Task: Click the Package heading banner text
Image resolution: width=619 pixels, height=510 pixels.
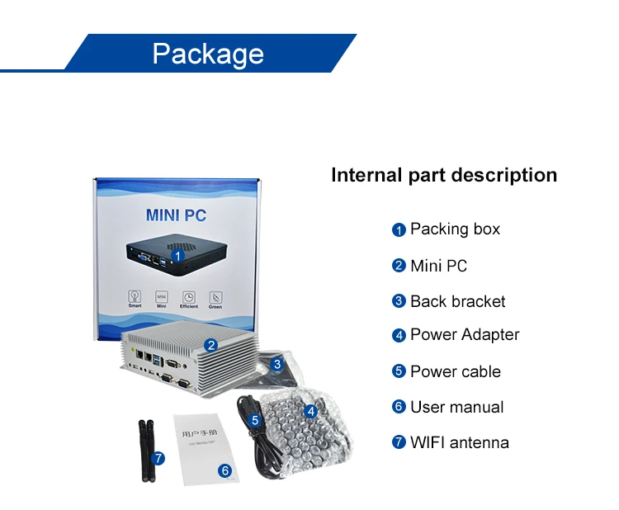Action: tap(208, 54)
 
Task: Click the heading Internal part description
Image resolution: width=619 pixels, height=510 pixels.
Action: tap(443, 175)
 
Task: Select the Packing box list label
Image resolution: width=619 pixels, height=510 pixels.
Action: tap(455, 229)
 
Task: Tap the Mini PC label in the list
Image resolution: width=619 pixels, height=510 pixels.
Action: tap(438, 266)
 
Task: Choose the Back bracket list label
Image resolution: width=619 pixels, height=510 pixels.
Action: tap(457, 301)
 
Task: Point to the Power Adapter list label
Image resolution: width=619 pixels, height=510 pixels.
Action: tap(465, 335)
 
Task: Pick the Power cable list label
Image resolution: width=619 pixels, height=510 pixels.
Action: tap(455, 371)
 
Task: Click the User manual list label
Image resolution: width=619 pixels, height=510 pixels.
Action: tap(456, 407)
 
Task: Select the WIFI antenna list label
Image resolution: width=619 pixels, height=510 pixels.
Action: tap(459, 442)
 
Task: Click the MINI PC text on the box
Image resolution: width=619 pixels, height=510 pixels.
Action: tap(176, 216)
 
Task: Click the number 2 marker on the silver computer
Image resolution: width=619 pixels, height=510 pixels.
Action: tap(211, 346)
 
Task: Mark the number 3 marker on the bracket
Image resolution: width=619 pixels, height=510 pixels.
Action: tap(278, 364)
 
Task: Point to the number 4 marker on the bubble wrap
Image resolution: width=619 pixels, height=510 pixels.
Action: tap(310, 411)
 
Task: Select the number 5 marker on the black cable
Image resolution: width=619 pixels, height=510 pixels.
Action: tap(255, 420)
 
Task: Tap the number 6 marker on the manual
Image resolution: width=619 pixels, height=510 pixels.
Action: tap(224, 470)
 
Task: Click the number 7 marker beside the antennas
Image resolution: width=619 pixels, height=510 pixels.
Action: tap(158, 457)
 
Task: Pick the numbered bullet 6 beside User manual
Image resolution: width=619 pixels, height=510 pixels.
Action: tap(399, 407)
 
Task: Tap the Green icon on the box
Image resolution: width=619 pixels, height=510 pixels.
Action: tap(215, 298)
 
